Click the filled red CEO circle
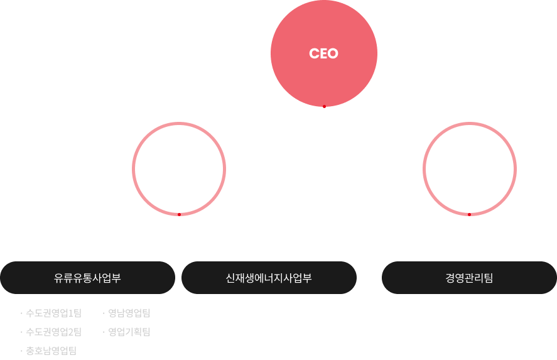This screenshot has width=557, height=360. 324,54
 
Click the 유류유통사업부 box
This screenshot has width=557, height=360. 87,278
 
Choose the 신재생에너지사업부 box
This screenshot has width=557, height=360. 269,278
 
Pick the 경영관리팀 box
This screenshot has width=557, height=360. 469,278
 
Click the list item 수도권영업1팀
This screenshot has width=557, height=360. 53,313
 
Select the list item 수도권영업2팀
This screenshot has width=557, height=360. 53,332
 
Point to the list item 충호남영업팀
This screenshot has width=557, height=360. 51,351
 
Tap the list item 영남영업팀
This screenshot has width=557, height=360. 129,313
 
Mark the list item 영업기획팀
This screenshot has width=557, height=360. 129,332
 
